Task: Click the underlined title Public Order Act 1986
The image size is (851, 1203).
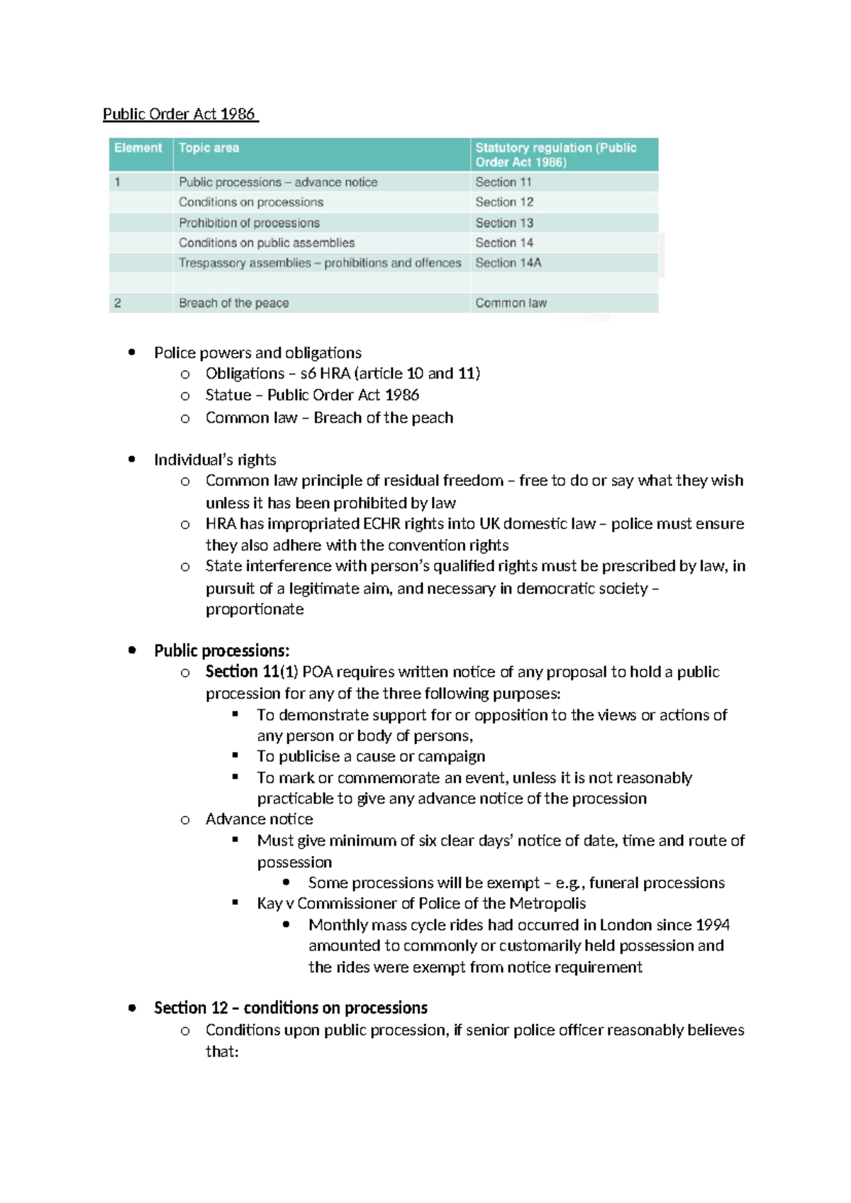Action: point(179,114)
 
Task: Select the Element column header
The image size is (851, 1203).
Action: point(138,148)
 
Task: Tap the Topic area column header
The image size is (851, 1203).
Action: point(208,148)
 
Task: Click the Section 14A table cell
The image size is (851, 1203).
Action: point(508,262)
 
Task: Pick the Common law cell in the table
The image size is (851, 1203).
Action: point(511,303)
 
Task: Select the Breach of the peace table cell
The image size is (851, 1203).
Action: point(233,303)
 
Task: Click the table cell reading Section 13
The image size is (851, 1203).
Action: point(504,223)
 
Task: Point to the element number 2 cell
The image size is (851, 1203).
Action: point(118,303)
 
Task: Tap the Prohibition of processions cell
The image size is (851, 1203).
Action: point(249,223)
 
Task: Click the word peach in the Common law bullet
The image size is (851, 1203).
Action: point(432,418)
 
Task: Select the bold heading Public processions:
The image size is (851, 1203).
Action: point(221,650)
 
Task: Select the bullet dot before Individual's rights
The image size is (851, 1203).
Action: point(132,460)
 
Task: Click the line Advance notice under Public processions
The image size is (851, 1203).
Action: point(259,819)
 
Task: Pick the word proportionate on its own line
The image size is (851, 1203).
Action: point(255,609)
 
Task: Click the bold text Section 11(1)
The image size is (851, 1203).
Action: point(252,672)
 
